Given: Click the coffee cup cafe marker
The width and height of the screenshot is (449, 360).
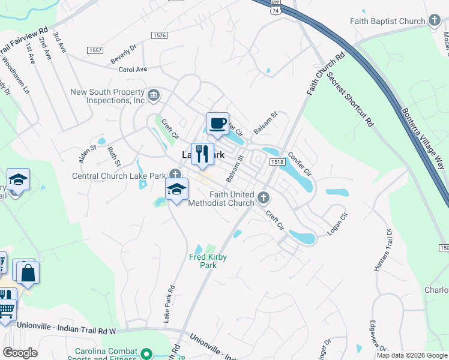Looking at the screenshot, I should [x=217, y=124].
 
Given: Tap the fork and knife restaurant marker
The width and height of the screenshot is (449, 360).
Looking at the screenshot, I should [x=202, y=154].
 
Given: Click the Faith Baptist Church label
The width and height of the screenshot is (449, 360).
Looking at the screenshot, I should [x=388, y=21].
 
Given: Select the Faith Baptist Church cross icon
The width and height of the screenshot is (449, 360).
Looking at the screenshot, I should [x=435, y=21].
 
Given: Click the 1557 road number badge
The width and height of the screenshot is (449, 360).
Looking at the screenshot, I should [x=95, y=50].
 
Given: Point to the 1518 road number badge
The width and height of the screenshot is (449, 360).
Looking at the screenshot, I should [x=277, y=162].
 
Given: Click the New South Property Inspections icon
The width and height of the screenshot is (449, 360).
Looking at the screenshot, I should [x=154, y=95].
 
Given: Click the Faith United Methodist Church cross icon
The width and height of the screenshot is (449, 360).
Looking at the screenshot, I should [x=263, y=197].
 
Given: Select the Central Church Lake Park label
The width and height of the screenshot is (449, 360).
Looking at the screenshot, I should [x=118, y=176].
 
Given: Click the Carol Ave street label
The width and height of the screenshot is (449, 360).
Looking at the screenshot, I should [x=133, y=70].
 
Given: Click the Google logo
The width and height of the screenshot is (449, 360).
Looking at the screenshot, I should [x=20, y=353].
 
